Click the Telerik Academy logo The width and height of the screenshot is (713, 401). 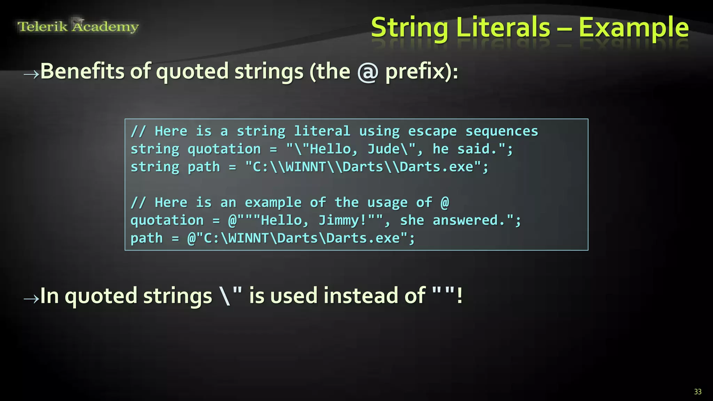(x=78, y=26)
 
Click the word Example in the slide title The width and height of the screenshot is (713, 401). (x=634, y=28)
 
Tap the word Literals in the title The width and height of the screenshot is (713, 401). (x=503, y=28)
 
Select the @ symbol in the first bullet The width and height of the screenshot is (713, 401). (x=368, y=72)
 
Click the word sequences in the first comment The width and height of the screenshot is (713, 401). (x=502, y=131)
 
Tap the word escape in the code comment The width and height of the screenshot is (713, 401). (x=432, y=131)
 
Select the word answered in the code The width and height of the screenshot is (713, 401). (x=465, y=220)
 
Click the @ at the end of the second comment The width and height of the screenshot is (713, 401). (x=445, y=203)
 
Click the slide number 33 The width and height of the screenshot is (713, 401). (x=698, y=392)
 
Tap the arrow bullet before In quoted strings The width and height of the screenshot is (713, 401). (x=31, y=298)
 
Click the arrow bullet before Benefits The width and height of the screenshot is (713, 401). (x=31, y=74)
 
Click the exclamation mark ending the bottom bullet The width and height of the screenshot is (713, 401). (x=460, y=296)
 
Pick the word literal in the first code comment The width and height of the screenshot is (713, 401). (x=322, y=131)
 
